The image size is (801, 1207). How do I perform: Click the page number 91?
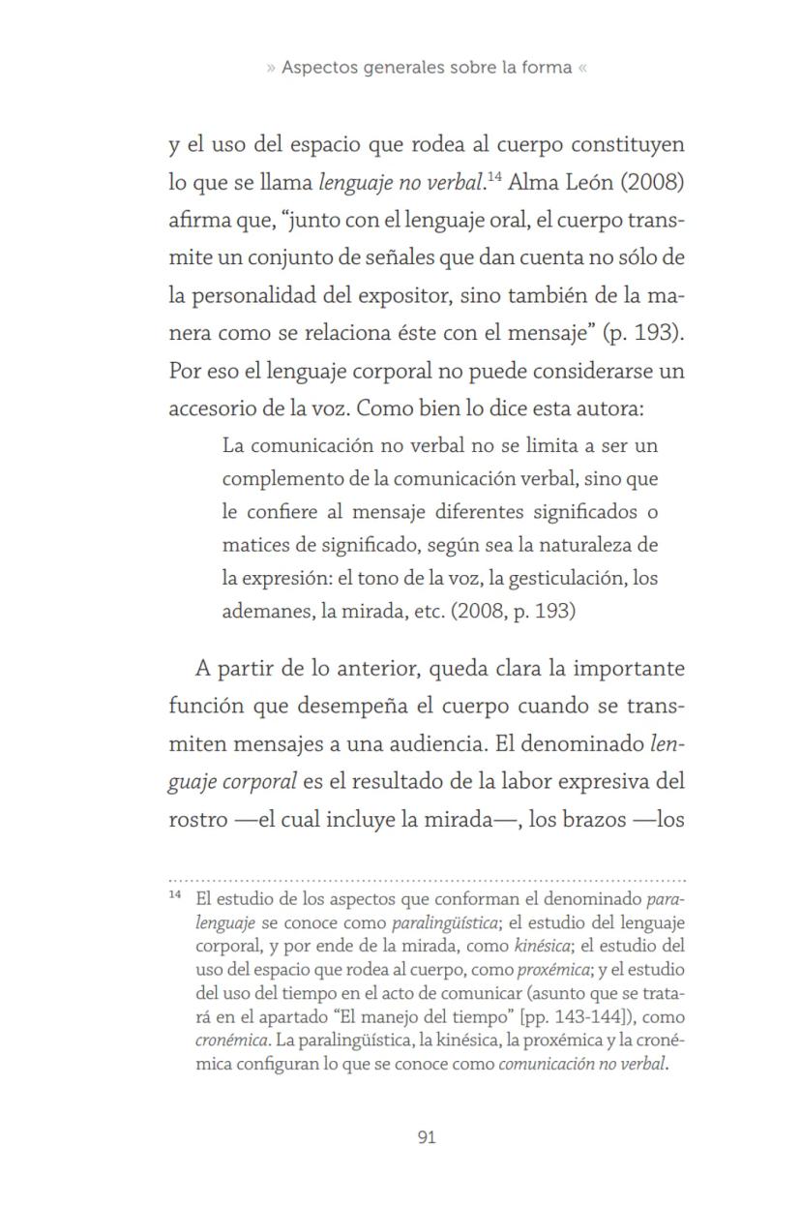tap(426, 1137)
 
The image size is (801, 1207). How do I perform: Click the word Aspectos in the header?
tap(316, 68)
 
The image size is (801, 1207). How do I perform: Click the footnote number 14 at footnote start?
tap(175, 895)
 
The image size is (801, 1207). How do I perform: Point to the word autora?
tap(612, 408)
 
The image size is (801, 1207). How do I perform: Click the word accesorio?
tap(209, 408)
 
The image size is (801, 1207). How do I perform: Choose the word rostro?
tap(195, 822)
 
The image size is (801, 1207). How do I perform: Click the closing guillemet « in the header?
tap(581, 68)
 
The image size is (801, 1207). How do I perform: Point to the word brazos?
tap(560, 822)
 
